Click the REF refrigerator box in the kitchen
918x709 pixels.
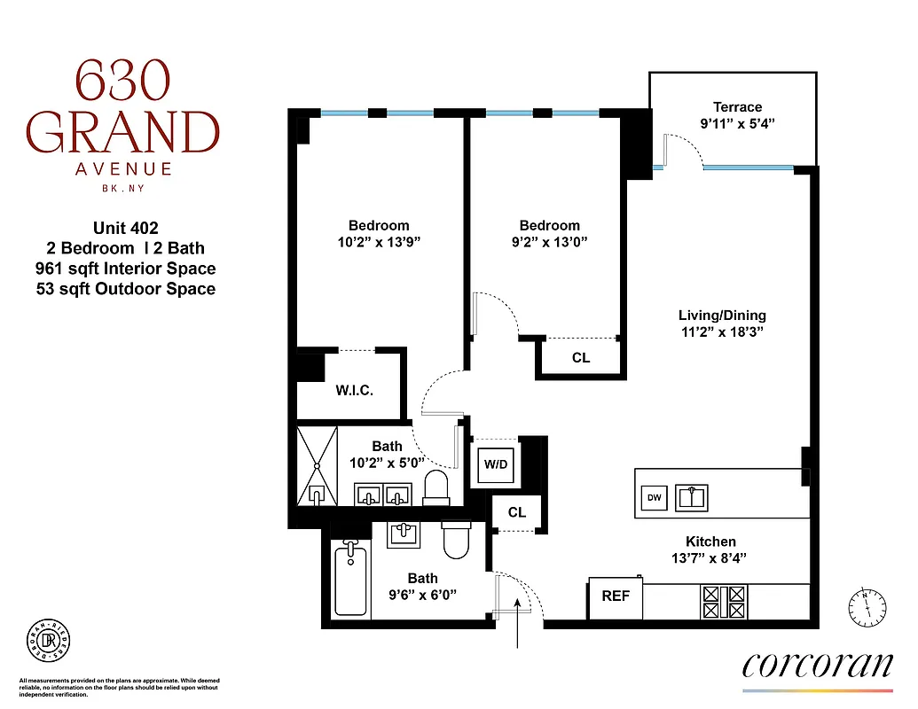tap(616, 596)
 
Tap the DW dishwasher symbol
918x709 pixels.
tap(655, 499)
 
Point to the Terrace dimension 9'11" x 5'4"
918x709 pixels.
tap(737, 124)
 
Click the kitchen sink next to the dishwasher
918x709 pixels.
tap(692, 498)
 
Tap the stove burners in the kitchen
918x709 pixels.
tap(726, 602)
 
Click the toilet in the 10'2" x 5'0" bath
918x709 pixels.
tap(435, 487)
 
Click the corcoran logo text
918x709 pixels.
tap(817, 665)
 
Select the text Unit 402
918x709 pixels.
tap(125, 228)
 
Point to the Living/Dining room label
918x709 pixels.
tap(722, 316)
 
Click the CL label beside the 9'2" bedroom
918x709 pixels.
tap(581, 358)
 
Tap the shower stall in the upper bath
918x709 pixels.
tap(318, 465)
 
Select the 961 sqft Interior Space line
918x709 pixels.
tap(131, 269)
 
